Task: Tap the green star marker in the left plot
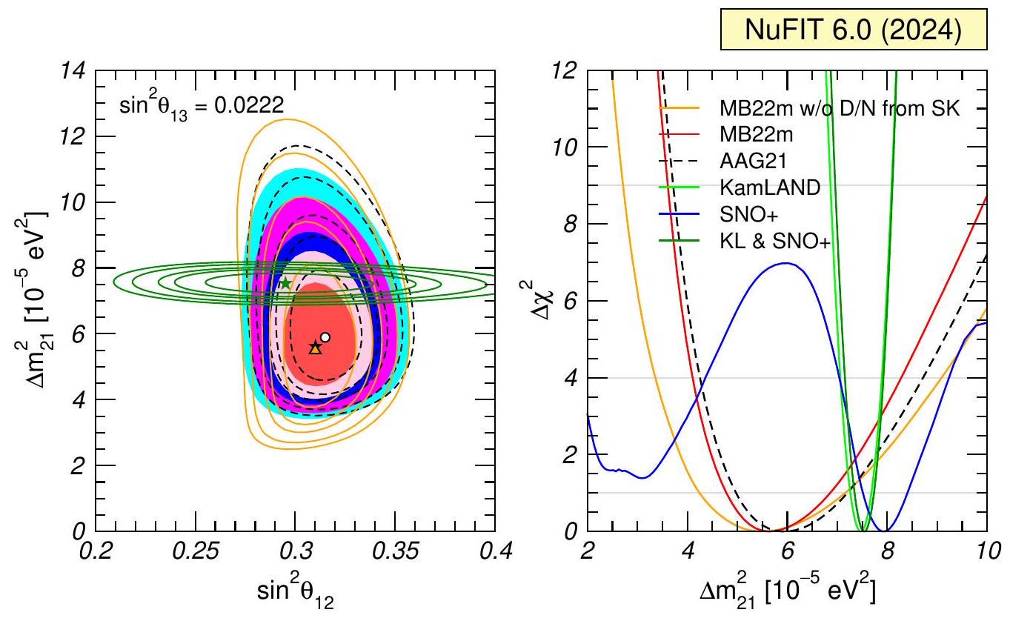click(285, 283)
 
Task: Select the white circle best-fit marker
click(325, 337)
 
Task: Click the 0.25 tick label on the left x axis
click(196, 553)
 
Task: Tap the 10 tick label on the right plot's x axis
click(986, 553)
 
